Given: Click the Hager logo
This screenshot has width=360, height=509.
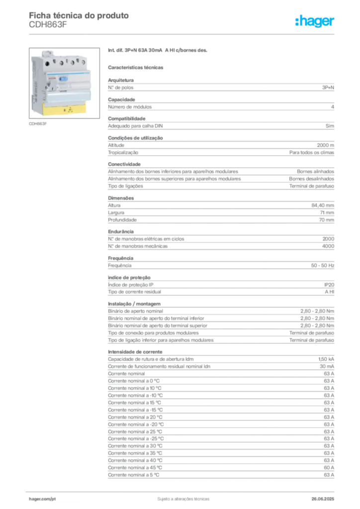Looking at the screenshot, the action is pyautogui.click(x=314, y=21).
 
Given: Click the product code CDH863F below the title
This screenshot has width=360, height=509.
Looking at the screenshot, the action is pyautogui.click(x=48, y=25).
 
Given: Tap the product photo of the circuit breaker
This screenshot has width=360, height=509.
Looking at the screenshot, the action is pyautogui.click(x=64, y=83).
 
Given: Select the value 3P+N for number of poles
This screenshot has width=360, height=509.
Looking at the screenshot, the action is pyautogui.click(x=328, y=87).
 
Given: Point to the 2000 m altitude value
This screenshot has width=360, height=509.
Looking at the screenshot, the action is pyautogui.click(x=325, y=145).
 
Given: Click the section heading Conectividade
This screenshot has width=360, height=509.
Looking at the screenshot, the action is pyautogui.click(x=124, y=164).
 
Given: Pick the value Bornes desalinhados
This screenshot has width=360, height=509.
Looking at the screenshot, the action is pyautogui.click(x=311, y=179).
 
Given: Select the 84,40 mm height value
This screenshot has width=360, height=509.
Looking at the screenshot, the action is pyautogui.click(x=323, y=205).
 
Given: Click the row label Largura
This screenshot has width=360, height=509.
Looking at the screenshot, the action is pyautogui.click(x=116, y=213).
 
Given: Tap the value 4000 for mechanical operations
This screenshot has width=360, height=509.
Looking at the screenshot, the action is pyautogui.click(x=328, y=246).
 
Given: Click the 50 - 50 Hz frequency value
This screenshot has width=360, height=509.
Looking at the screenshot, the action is pyautogui.click(x=322, y=265).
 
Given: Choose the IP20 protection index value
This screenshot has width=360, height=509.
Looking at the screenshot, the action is pyautogui.click(x=329, y=285).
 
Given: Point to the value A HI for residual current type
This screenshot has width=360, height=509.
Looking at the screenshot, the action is pyautogui.click(x=330, y=292).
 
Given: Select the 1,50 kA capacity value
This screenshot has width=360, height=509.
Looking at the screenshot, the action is pyautogui.click(x=326, y=359).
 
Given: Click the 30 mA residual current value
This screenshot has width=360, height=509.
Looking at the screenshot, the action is pyautogui.click(x=327, y=366).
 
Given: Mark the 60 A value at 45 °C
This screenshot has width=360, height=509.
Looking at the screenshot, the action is pyautogui.click(x=329, y=467).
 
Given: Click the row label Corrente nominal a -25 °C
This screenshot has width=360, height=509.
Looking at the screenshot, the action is pyautogui.click(x=136, y=438).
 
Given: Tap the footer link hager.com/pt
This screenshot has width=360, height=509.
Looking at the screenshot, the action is pyautogui.click(x=42, y=499).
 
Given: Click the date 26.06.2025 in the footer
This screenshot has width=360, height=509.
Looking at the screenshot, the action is pyautogui.click(x=323, y=499).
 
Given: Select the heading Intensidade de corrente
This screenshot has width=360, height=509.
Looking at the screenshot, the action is pyautogui.click(x=135, y=352).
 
